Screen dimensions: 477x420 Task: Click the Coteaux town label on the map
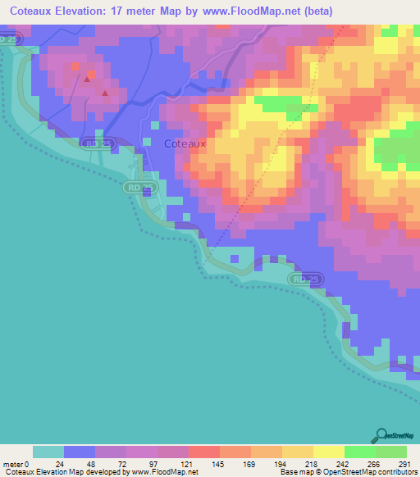185,143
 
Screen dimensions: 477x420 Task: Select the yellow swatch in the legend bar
328,452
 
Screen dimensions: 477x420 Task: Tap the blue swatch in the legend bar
80,452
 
